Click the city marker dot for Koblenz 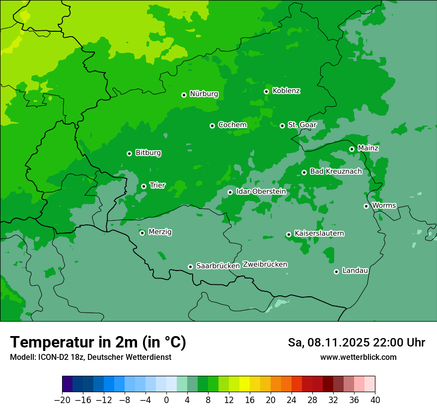tap(267, 91)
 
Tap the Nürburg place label tap(204, 94)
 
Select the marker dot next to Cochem tap(212, 126)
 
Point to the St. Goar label tap(302, 125)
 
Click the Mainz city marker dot tap(352, 149)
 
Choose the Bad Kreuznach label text tap(336, 171)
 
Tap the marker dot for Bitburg tap(129, 153)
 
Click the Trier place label tap(157, 185)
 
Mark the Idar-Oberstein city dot tap(230, 192)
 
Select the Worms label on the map tap(384, 205)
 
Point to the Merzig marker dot tap(142, 233)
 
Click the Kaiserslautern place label tap(319, 233)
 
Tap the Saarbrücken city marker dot tap(190, 267)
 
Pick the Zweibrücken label tap(265, 264)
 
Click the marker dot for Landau tap(336, 272)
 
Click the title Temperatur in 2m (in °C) tap(98, 342)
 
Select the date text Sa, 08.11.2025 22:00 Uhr tap(356, 343)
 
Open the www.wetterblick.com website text tap(358, 357)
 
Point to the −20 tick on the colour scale tap(62, 400)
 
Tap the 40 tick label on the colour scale tap(375, 400)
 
